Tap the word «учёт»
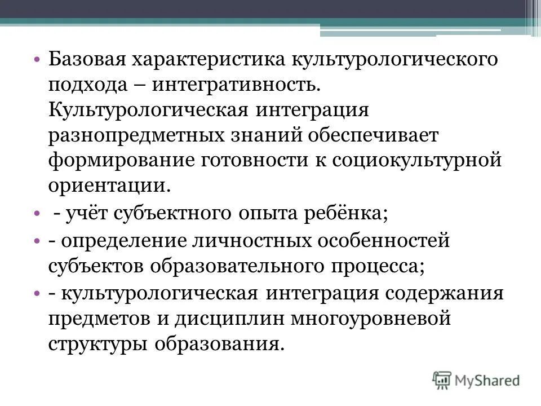point(88,214)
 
